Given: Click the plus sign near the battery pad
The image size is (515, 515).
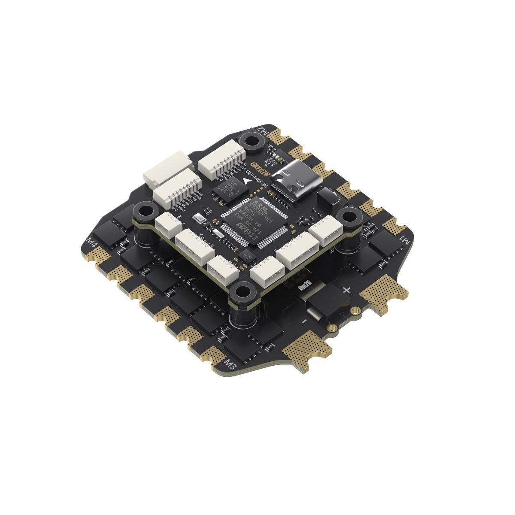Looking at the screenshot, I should click(347, 290).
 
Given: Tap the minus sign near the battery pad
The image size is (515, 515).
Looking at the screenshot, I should click(304, 321).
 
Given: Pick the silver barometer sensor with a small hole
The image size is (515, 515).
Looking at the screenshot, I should click(199, 218).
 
